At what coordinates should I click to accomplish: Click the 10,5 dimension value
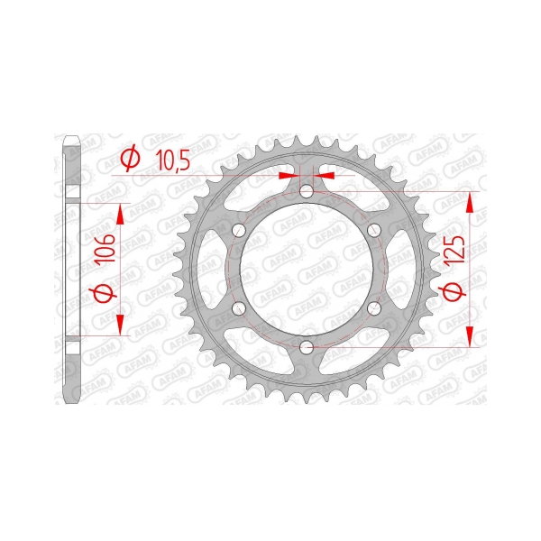(x=172, y=160)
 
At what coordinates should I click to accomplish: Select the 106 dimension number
(x=105, y=248)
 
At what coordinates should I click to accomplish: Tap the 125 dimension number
(x=454, y=252)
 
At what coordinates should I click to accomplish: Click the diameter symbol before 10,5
(x=131, y=159)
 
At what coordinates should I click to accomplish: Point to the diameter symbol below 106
(x=103, y=293)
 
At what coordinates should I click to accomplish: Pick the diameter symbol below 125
(x=454, y=291)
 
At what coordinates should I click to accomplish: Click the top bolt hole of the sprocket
(x=306, y=191)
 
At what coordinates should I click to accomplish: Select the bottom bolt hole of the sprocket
(x=306, y=347)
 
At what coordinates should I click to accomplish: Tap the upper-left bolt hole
(x=239, y=230)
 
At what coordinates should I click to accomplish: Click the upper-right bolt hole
(x=373, y=230)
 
